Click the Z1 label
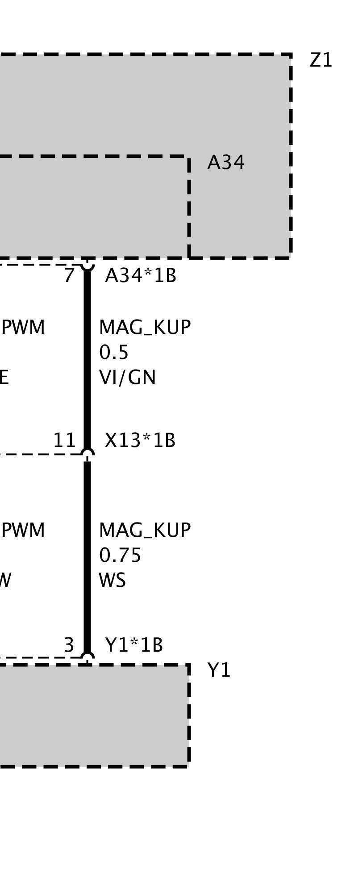[x=321, y=60]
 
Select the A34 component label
[x=226, y=163]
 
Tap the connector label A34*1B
[x=141, y=276]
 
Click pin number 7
[x=69, y=276]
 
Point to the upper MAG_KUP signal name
[x=145, y=328]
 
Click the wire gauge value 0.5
[x=114, y=353]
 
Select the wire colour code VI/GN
[x=127, y=378]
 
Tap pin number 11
[x=65, y=441]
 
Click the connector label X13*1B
[x=140, y=441]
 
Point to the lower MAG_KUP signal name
[x=145, y=531]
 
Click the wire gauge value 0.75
[x=120, y=556]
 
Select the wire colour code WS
[x=112, y=581]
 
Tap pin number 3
[x=69, y=645]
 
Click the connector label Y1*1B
[x=134, y=645]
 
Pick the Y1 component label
[x=219, y=670]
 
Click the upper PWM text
[x=23, y=328]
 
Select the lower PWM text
[x=23, y=531]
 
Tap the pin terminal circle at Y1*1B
[x=88, y=658]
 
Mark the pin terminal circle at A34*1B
[x=88, y=265]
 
